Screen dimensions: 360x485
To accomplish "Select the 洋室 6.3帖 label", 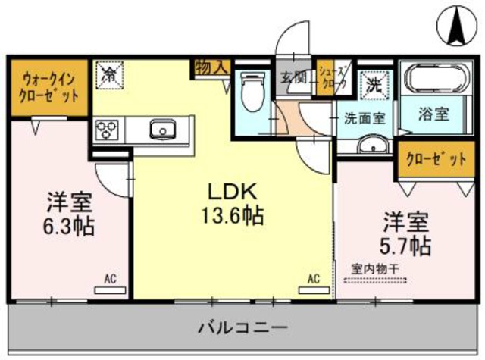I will [x=70, y=214].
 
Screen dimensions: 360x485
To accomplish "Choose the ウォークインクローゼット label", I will [x=49, y=87].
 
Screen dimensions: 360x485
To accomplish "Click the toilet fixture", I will [x=252, y=92].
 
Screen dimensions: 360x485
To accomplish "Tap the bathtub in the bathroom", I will [x=434, y=80].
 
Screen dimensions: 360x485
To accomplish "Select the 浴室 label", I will [x=433, y=114].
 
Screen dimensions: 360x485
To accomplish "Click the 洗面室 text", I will [x=365, y=118].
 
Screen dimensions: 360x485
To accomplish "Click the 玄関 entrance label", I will [x=293, y=77].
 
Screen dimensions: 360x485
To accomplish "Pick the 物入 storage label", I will [x=211, y=67].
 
